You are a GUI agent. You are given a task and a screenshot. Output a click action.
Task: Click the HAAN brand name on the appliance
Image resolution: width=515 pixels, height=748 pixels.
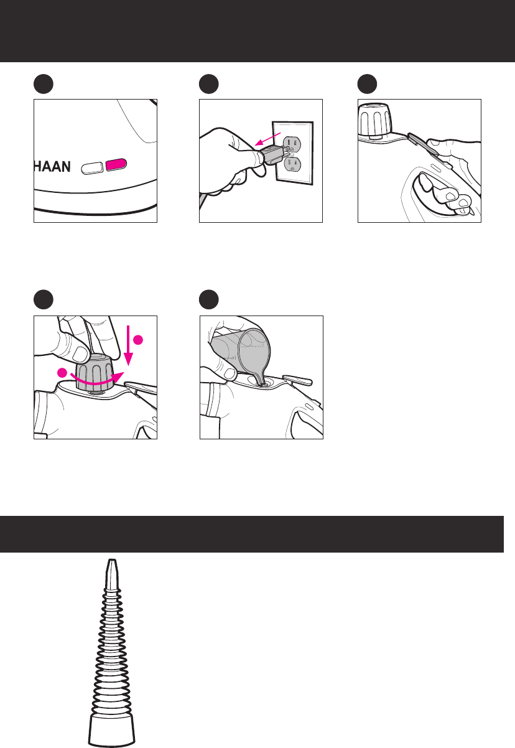pos(52,166)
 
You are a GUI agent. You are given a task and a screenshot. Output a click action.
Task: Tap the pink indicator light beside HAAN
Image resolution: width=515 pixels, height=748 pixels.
pos(116,165)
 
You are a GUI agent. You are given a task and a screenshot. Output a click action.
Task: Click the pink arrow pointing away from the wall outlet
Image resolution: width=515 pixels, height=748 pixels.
pos(267,139)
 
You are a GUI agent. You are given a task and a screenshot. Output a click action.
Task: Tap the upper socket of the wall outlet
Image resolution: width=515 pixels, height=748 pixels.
pos(292,144)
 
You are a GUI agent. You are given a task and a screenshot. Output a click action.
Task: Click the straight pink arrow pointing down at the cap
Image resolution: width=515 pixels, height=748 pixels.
pos(129,345)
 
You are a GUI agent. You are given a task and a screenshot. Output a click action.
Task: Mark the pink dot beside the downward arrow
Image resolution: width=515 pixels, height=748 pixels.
pos(138,340)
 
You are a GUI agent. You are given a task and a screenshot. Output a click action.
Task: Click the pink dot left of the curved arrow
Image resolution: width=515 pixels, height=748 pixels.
pos(62,373)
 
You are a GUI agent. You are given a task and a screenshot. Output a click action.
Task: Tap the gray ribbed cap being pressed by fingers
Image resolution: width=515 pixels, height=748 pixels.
pos(95,372)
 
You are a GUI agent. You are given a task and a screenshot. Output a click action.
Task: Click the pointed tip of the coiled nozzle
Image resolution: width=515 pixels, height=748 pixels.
pos(112,561)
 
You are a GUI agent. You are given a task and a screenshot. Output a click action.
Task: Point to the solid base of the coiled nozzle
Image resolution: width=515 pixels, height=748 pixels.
pos(112,731)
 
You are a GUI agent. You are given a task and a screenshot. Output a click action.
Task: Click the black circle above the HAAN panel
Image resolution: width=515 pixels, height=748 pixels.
pos(44,84)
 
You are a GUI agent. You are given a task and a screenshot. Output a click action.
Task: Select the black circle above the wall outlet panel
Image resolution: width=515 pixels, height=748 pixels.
pos(208,84)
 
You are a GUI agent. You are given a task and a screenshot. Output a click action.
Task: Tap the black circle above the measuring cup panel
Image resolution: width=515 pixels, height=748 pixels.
pos(208,299)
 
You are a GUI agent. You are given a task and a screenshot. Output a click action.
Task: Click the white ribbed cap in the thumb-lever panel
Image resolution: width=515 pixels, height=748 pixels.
pos(375,119)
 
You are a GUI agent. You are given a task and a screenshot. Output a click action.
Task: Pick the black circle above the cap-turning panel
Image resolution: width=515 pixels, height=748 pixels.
pos(44,299)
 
